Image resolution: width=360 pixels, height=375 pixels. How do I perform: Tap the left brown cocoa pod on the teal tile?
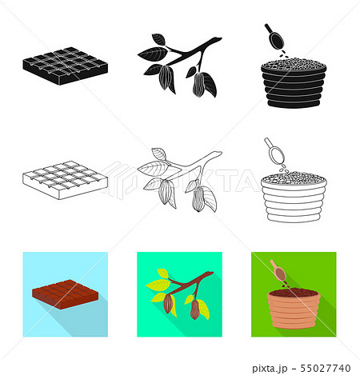click(x=169, y=305)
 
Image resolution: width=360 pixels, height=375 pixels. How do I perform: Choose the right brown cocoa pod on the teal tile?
click(x=194, y=309)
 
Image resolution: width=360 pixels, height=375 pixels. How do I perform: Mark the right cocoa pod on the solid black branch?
click(x=198, y=85)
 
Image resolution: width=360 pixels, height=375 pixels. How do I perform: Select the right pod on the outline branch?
click(x=198, y=201)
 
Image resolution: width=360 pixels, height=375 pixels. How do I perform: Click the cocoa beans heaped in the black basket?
click(x=290, y=63)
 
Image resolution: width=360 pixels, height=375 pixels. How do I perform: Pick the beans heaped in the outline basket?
click(x=290, y=177)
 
